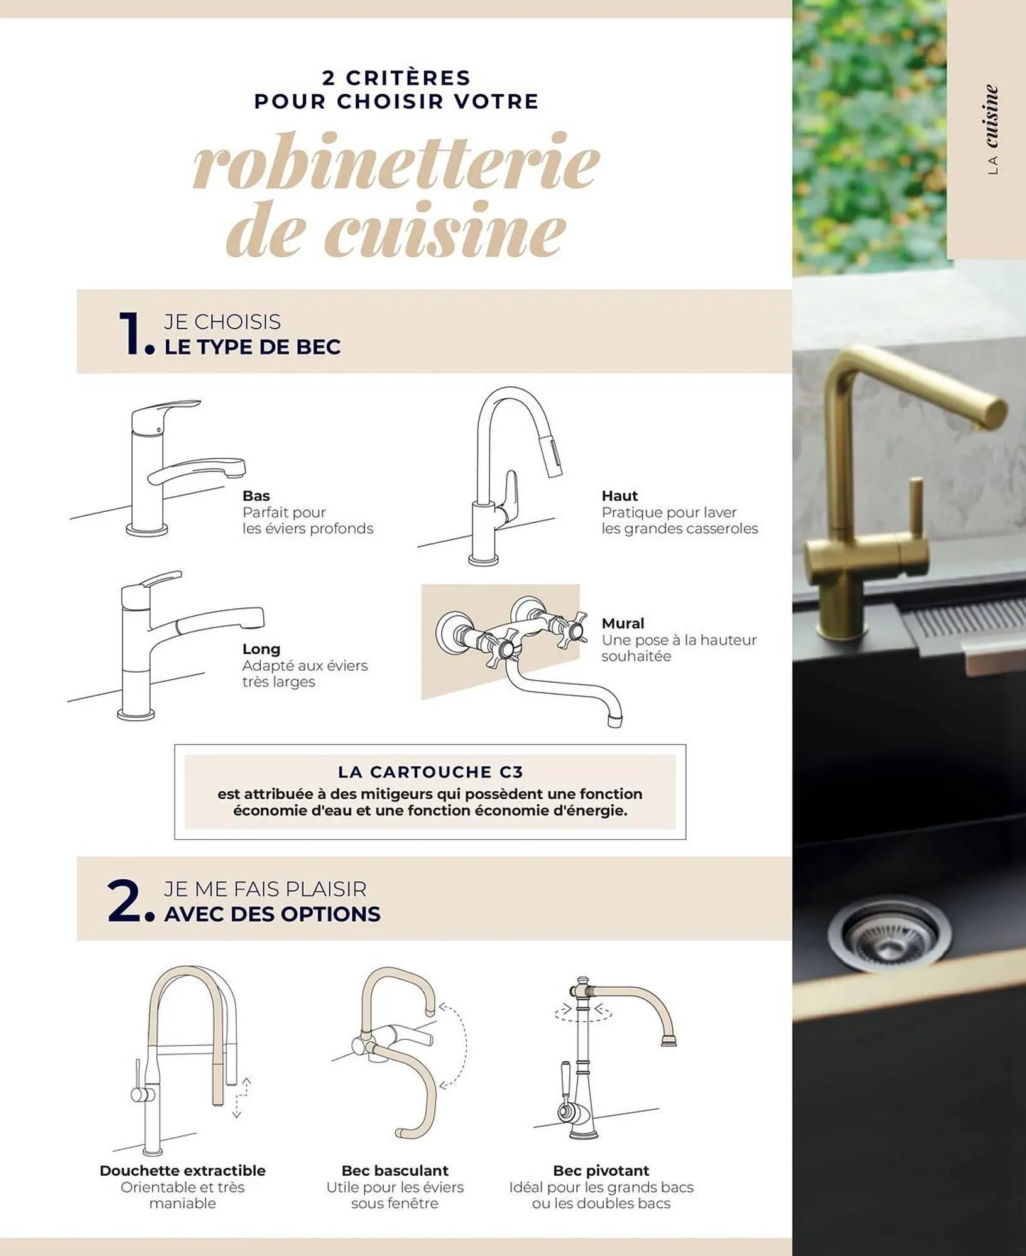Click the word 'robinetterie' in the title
coord(396,161)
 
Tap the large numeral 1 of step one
coord(131,333)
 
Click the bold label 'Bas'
coord(256,496)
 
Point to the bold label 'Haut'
coord(619,496)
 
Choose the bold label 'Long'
coord(261,649)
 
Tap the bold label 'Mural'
coord(623,624)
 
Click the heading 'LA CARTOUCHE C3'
coord(430,772)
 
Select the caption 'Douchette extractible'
coord(182,1171)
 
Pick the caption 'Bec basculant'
coord(395,1171)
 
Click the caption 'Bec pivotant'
coord(601,1171)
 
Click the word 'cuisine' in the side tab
coord(991,117)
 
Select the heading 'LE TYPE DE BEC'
coord(253,347)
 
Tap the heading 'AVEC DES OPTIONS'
coord(272,914)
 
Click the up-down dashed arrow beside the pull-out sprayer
coord(241,1098)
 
